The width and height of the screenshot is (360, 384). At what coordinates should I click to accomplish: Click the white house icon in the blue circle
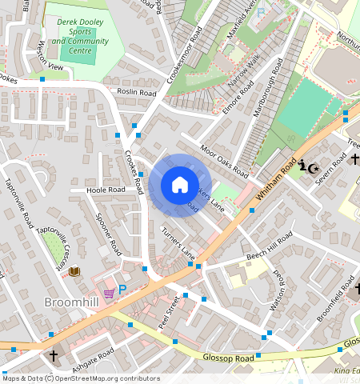pos(180,185)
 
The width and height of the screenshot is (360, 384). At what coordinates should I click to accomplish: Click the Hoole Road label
pos(106,190)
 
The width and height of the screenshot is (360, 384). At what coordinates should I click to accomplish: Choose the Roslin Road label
pos(136,93)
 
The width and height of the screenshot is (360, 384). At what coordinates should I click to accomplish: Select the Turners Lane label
pos(178,242)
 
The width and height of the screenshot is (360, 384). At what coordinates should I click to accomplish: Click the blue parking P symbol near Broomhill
pos(122,290)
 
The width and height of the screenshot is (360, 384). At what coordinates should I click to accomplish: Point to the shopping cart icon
pos(109,293)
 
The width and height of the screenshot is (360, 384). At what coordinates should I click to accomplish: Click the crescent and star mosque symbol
pos(313,168)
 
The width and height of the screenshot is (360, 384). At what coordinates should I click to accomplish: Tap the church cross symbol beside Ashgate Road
pos(54,355)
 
